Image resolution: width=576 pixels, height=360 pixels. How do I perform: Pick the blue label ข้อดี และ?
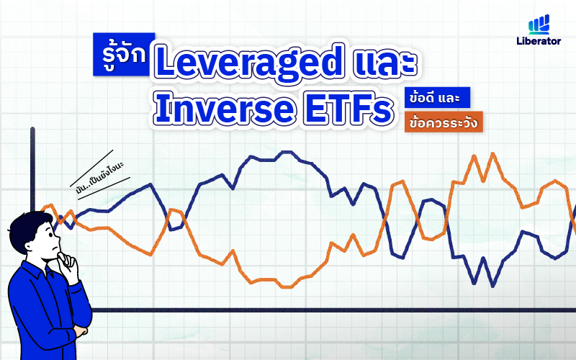[438, 98]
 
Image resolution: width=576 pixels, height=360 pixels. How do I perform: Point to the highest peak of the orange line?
[493, 153]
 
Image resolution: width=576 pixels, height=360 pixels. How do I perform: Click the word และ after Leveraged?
[385, 64]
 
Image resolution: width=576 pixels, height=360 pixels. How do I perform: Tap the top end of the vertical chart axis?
[32, 130]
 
